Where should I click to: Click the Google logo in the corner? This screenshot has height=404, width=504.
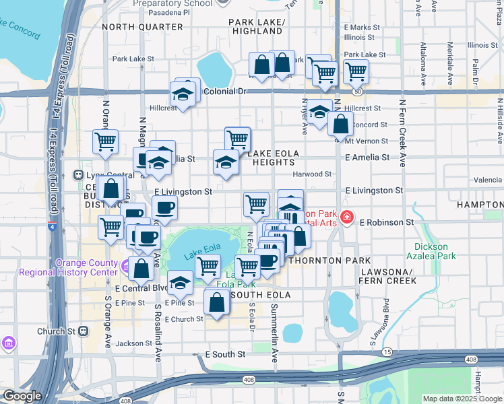coord(22,396)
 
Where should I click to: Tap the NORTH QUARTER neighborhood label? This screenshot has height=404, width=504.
coord(142,27)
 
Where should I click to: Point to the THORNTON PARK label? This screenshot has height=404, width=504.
coord(335,261)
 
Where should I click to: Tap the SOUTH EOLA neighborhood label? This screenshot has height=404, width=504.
coord(261,295)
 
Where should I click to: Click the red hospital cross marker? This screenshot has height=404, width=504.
coord(346,217)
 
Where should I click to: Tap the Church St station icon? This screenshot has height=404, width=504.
coord(84,331)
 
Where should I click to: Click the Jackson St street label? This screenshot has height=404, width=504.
coord(129,343)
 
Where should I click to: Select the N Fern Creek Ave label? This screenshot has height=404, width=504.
coord(402,133)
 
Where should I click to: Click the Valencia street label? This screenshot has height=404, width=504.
coord(488,180)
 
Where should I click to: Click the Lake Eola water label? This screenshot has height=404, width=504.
coord(201,249)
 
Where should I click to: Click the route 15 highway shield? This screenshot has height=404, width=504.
coord(386,352)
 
